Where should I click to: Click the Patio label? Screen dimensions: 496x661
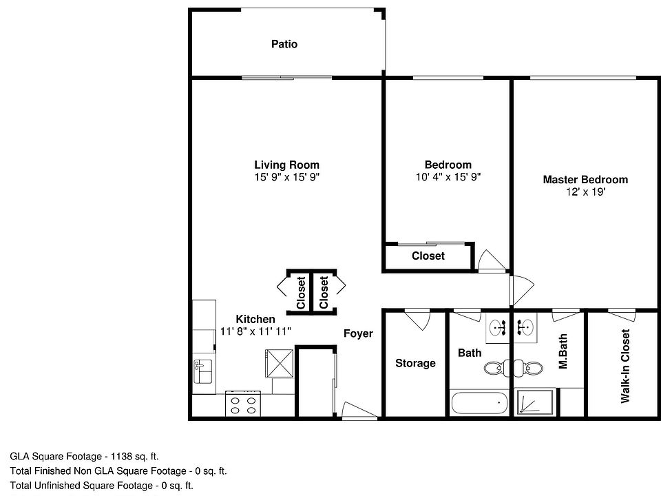point(284,44)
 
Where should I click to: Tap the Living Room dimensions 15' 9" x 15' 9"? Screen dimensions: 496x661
point(286,177)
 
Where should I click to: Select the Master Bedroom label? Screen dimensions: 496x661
point(585,180)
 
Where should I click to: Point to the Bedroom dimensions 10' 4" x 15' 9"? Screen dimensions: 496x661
point(448,177)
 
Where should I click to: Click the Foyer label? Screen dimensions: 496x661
point(358,333)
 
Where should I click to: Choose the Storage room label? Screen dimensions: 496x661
point(415,363)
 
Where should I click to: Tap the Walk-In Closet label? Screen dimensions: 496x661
point(625,366)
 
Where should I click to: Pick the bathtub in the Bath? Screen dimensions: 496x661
point(479,402)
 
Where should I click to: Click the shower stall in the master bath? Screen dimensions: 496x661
point(535,402)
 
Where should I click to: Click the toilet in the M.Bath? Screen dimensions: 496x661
point(531,369)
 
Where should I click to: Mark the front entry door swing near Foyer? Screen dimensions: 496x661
point(359,410)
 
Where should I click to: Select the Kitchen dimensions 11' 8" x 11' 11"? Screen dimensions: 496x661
point(255,331)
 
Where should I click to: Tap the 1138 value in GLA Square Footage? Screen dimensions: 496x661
point(121,456)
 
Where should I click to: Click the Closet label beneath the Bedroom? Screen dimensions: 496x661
point(428,256)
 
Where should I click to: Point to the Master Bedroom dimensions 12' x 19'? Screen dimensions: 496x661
point(585,192)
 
